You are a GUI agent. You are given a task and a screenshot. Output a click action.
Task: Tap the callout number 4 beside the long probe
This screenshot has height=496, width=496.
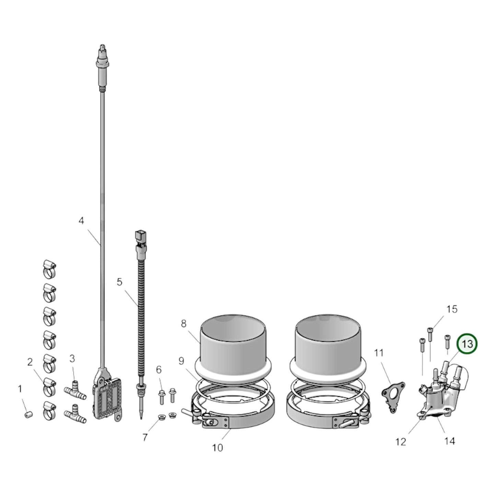pyautogui.click(x=81, y=221)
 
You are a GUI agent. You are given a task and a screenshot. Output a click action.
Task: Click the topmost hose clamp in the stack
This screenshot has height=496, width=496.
pyautogui.click(x=50, y=269)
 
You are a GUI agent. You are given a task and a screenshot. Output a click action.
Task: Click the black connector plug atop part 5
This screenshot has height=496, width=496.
pyautogui.click(x=141, y=237)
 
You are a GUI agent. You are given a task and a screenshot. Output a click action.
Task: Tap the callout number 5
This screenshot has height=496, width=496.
pyautogui.click(x=119, y=282)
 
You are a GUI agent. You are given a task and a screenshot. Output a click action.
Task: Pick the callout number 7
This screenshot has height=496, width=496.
pyautogui.click(x=145, y=438)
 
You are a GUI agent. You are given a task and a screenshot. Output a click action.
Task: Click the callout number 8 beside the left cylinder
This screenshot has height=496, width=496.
pyautogui.click(x=184, y=323)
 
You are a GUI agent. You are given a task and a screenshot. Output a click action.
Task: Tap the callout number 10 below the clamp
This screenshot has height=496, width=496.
pyautogui.click(x=218, y=448)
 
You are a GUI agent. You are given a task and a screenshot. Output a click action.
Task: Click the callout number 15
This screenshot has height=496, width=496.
pyautogui.click(x=452, y=309)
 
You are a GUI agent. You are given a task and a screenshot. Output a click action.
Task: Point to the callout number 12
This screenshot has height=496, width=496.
pyautogui.click(x=401, y=441)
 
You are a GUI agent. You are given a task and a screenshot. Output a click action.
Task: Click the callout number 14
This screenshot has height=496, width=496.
pyautogui.click(x=450, y=441)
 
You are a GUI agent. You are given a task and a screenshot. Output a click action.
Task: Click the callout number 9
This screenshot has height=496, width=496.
pyautogui.click(x=181, y=361)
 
